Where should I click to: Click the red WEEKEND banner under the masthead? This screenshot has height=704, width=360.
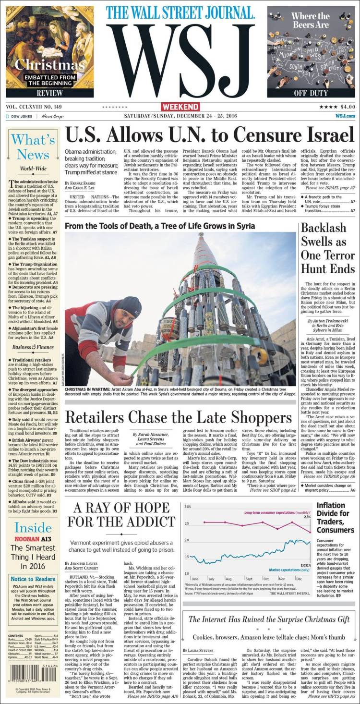click(180, 106)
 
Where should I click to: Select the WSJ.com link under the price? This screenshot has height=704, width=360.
click(345, 116)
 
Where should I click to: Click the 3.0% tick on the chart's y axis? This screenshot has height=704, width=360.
click(188, 507)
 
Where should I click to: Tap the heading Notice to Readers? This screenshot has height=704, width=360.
click(33, 579)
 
